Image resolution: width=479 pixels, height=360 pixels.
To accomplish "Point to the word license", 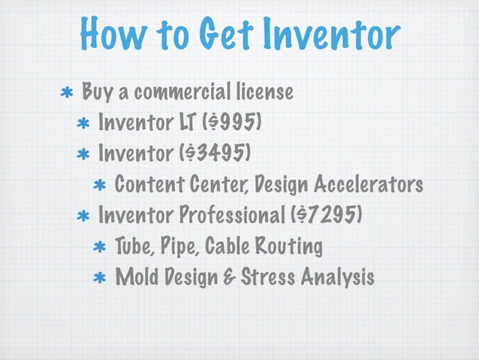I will point(263,93).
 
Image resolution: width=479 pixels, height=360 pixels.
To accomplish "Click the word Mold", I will point(136,277).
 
